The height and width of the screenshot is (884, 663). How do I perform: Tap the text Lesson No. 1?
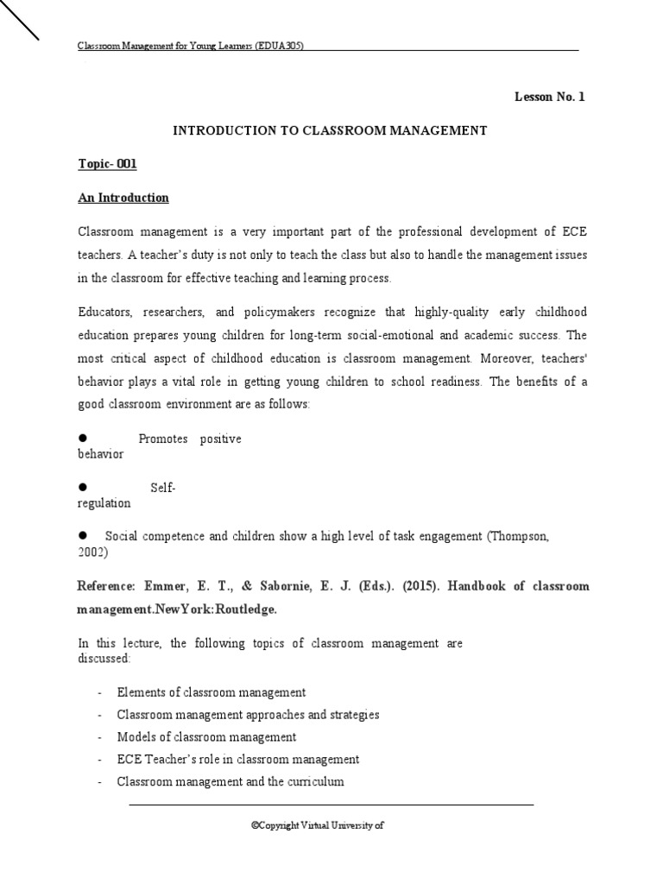click(550, 97)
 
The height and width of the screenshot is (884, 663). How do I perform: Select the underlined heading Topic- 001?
click(107, 164)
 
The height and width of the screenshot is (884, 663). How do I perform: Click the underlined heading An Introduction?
click(123, 198)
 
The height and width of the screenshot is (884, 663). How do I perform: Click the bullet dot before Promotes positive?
click(84, 439)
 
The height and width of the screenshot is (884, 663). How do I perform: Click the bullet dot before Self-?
click(84, 488)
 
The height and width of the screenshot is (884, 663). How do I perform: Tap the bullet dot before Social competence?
click(84, 536)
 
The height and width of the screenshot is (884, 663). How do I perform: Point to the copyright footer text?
click(317, 824)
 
